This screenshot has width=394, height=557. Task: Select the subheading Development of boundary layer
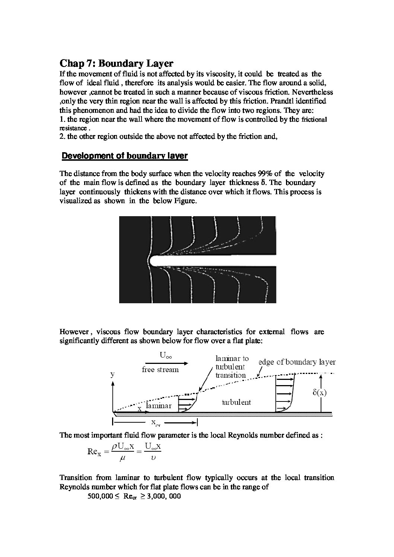coord(125,156)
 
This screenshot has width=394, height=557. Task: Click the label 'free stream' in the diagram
coord(160,370)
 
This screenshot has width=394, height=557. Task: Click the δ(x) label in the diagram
coord(320,393)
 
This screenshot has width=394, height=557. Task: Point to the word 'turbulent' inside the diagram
coord(236,402)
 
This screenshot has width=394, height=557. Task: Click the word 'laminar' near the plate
coord(159,406)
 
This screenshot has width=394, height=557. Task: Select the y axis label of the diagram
coord(112,375)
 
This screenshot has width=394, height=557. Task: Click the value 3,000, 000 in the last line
coord(164,496)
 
